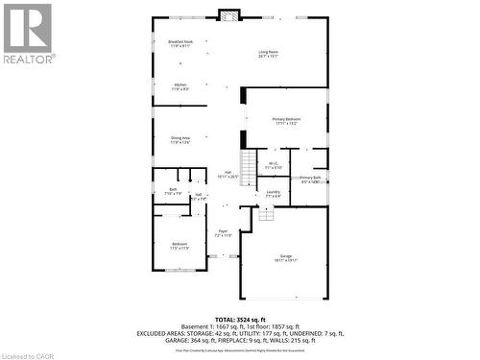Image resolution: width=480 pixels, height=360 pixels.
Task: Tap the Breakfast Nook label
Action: [x=180, y=43]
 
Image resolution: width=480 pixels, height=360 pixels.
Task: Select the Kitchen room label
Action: [x=180, y=86]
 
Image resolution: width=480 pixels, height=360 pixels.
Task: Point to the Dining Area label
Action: [x=180, y=139]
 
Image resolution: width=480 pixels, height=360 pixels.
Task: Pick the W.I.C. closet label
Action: [x=273, y=165]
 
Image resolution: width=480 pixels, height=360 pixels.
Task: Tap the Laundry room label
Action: [x=274, y=194]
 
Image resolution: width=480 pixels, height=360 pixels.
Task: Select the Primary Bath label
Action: [x=309, y=180]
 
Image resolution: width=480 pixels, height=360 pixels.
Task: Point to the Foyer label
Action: [x=222, y=232]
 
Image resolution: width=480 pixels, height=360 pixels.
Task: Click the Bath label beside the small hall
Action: [x=173, y=191]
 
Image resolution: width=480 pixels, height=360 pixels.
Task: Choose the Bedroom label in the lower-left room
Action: [x=180, y=246]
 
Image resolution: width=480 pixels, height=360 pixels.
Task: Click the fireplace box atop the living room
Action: [x=228, y=14]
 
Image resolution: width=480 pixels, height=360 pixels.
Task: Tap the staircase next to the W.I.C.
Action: [x=249, y=168]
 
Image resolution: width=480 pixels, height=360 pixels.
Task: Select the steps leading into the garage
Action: [x=265, y=214]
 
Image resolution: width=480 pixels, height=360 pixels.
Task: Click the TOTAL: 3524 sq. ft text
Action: [x=239, y=318]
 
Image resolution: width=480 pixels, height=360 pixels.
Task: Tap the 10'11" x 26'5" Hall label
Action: [x=228, y=175]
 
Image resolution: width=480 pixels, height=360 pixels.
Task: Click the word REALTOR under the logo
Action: [x=27, y=59]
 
